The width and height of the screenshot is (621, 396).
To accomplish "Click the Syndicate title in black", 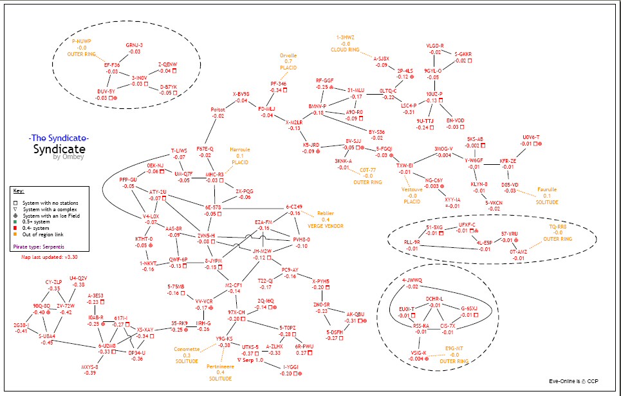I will click(x=59, y=149).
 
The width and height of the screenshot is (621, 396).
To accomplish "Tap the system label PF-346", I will click(x=278, y=84).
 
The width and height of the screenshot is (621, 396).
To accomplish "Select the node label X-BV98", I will click(x=241, y=94).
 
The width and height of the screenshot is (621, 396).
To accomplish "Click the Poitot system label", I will click(x=218, y=109).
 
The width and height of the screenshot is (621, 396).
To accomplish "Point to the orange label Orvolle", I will click(x=288, y=55).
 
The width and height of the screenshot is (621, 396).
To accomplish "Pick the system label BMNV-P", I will click(x=318, y=106).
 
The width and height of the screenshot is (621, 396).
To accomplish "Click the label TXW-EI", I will click(x=404, y=165).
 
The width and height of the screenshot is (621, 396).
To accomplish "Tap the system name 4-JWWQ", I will click(x=412, y=280).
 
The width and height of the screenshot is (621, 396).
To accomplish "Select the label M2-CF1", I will click(x=234, y=285).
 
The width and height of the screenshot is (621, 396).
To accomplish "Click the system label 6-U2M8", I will click(x=107, y=345).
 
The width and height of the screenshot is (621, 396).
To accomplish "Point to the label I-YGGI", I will click(x=292, y=367).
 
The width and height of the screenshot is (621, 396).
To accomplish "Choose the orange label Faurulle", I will click(x=547, y=189).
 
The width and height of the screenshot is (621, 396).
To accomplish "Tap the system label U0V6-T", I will click(x=531, y=137).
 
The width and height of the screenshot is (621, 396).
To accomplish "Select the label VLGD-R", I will click(x=435, y=46).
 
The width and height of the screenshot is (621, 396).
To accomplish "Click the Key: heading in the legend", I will click(x=19, y=191).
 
